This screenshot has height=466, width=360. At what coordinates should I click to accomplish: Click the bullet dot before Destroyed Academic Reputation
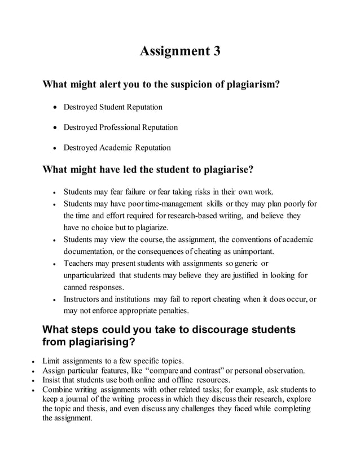point(54,148)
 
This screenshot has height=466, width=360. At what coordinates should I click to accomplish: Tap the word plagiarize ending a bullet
point(150,227)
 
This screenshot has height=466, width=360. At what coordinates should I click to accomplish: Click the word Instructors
point(83,299)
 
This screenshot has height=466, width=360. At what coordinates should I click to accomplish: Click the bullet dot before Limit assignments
point(34,361)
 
